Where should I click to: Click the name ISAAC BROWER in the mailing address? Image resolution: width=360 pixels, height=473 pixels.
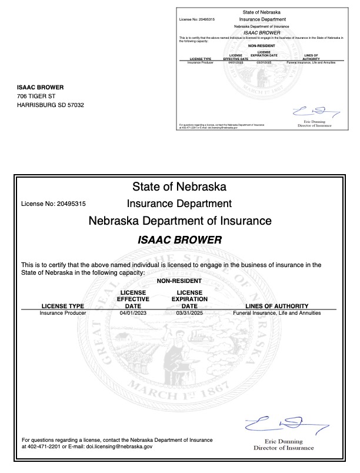pyautogui.click(x=41, y=88)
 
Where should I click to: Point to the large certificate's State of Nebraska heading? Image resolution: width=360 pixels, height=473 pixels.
pyautogui.click(x=179, y=187)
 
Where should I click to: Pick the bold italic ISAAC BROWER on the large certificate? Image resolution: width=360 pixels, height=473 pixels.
pyautogui.click(x=179, y=240)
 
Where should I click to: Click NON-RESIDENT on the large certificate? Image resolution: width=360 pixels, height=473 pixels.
pyautogui.click(x=179, y=281)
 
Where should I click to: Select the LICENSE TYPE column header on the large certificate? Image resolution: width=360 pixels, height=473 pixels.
pyautogui.click(x=63, y=307)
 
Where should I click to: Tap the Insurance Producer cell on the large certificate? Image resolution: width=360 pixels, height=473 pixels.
pyautogui.click(x=63, y=313)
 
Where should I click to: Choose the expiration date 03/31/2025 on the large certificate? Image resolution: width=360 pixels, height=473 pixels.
pyautogui.click(x=189, y=313)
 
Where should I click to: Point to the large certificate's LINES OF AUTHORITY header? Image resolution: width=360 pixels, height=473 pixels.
pyautogui.click(x=276, y=307)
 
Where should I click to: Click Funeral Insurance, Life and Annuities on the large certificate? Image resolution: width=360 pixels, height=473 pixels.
pyautogui.click(x=276, y=313)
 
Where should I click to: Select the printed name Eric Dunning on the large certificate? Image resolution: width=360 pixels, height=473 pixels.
pyautogui.click(x=284, y=441)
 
